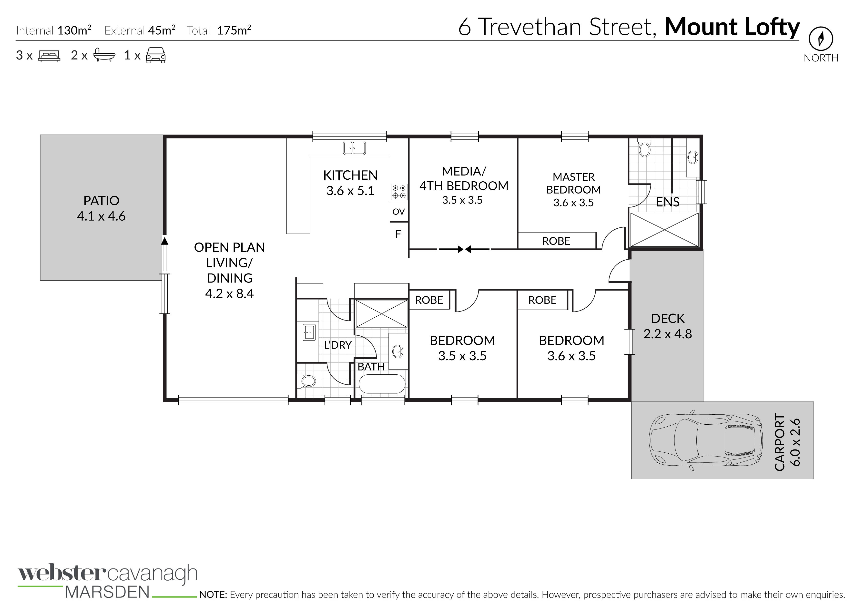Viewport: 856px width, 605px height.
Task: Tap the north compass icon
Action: pyautogui.click(x=821, y=38)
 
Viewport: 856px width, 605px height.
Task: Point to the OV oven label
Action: pyautogui.click(x=398, y=212)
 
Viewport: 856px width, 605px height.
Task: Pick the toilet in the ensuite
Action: pyautogui.click(x=644, y=148)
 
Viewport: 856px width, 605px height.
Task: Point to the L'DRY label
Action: pyautogui.click(x=338, y=345)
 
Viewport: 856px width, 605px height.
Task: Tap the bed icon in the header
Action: pyautogui.click(x=49, y=56)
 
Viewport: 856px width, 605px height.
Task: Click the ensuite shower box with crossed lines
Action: pyautogui.click(x=664, y=229)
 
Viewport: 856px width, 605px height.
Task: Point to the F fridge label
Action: pyautogui.click(x=398, y=234)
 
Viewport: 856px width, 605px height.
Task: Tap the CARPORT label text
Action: pyautogui.click(x=780, y=442)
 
